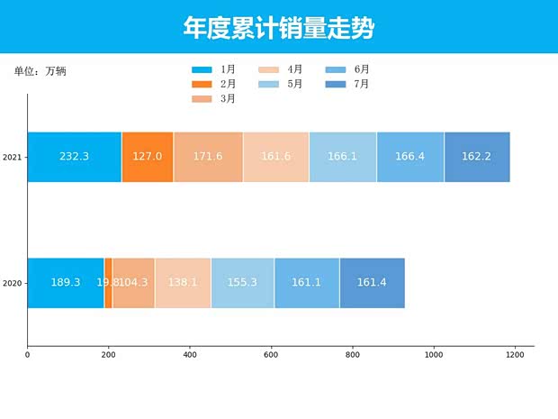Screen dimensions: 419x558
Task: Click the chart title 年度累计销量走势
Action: [278, 28]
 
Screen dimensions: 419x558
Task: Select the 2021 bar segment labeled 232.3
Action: [74, 157]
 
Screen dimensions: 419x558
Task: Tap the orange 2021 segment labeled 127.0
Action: [147, 157]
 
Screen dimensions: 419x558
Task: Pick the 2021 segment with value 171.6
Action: [208, 157]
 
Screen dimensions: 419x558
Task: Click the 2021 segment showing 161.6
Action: [275, 157]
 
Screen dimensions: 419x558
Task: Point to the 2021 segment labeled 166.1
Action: [343, 157]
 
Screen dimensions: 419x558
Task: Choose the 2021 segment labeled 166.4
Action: [410, 157]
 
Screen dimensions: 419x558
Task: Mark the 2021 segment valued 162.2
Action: [477, 157]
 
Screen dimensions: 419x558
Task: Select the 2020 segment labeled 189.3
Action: [66, 283]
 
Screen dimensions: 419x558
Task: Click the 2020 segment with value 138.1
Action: [183, 283]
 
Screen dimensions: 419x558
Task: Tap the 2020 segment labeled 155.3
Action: [242, 283]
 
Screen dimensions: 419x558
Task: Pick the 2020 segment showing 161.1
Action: [307, 283]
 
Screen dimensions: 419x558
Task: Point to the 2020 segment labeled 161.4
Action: [372, 283]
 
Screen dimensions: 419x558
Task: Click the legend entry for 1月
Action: [215, 69]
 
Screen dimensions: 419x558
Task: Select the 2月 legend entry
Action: [215, 84]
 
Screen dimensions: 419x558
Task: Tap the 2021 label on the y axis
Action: [12, 158]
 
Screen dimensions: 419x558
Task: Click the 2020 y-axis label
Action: [12, 284]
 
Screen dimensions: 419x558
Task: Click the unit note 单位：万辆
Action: [40, 71]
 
